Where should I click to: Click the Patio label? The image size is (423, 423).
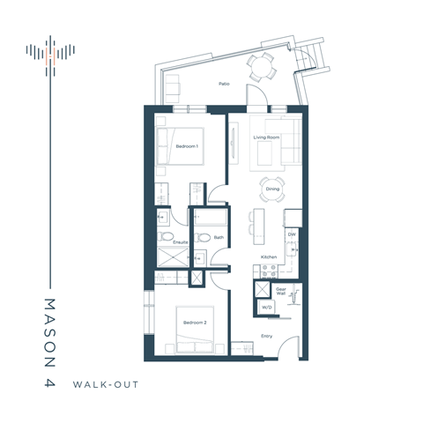[x=225, y=85]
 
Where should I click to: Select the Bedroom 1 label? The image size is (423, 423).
[x=187, y=145]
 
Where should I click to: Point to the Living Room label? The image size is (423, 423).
[x=267, y=137]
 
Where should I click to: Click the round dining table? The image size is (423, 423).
[x=272, y=189]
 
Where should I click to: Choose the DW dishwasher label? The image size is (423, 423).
[x=292, y=234]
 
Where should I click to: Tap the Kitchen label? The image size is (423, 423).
[x=269, y=256]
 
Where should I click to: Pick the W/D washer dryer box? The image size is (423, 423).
[x=265, y=307]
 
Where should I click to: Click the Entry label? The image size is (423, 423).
[x=265, y=336]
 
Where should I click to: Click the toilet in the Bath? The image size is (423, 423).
[x=202, y=236]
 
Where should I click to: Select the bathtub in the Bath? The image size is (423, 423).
[x=212, y=217]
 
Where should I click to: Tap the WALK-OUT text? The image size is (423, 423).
[x=108, y=384]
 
